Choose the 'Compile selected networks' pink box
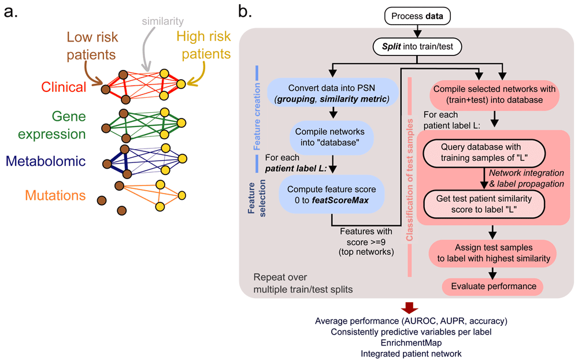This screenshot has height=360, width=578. [493, 94]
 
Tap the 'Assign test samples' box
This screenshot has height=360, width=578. [493, 253]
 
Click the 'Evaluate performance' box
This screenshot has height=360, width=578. [493, 285]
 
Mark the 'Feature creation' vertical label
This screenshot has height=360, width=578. [257, 121]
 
